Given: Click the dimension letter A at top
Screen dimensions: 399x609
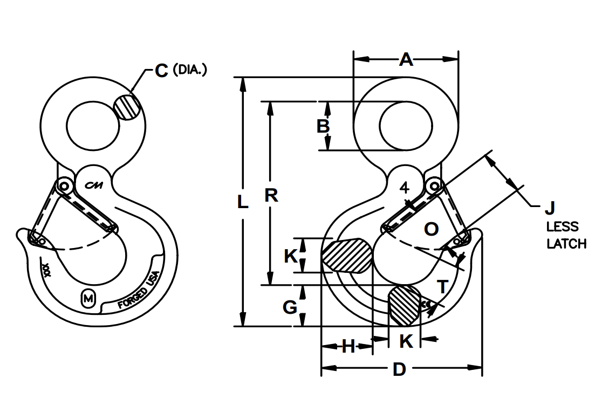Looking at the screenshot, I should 405,59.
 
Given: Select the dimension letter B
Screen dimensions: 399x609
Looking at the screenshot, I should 323,126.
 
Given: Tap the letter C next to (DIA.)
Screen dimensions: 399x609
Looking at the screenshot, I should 161,71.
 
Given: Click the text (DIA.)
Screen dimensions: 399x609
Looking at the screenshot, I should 190,70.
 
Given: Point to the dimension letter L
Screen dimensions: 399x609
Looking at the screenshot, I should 243,202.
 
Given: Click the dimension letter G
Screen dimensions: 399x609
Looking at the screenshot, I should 290,307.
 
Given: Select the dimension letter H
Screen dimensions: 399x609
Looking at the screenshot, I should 349,347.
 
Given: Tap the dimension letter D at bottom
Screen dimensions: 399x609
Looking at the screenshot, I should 399,369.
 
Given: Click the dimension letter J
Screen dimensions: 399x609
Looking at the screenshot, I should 550,207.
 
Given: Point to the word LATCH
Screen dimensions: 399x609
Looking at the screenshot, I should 566,244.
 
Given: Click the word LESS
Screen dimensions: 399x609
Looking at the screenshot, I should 562,226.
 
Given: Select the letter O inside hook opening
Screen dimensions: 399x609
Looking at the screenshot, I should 431,229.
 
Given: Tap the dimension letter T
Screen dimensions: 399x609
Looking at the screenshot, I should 442,287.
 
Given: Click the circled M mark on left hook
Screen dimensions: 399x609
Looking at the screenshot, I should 88,298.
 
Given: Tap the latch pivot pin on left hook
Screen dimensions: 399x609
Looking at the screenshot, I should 65,186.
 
